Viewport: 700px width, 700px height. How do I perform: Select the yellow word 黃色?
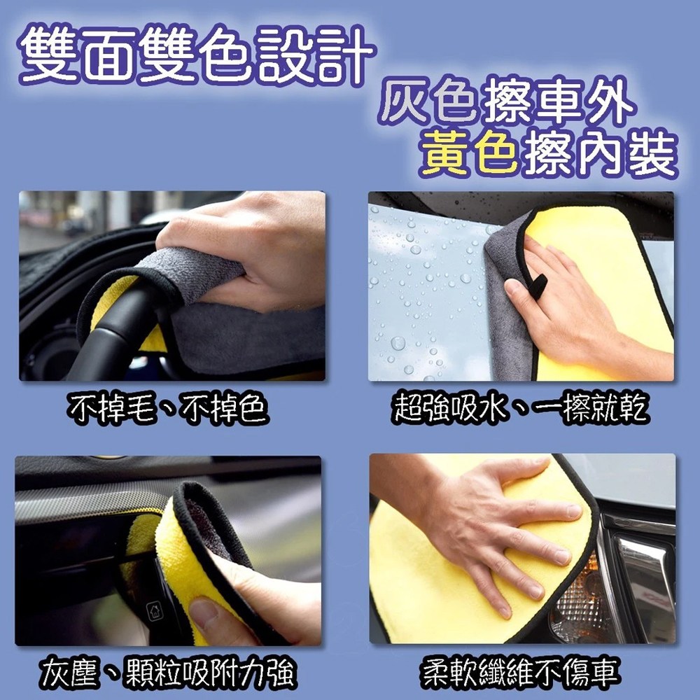[470, 153]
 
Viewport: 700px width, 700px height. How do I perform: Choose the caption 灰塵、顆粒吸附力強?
[168, 673]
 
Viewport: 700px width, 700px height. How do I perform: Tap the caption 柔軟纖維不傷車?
[520, 673]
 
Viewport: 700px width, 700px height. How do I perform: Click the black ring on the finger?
[538, 286]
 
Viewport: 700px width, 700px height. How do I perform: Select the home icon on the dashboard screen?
[155, 610]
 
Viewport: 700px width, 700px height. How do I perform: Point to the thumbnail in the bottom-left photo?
[204, 612]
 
